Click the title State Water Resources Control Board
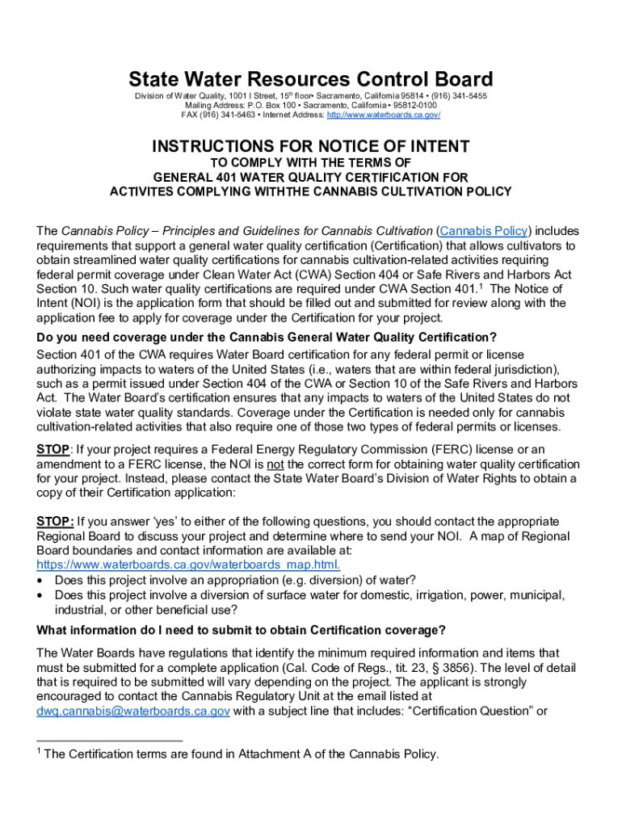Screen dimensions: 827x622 click(x=311, y=79)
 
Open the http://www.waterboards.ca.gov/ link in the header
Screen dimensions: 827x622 click(x=384, y=115)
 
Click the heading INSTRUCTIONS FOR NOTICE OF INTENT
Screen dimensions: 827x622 click(x=311, y=146)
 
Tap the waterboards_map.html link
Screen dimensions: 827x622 click(x=188, y=565)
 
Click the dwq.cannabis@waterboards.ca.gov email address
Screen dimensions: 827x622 click(x=133, y=711)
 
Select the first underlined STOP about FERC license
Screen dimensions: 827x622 click(x=53, y=449)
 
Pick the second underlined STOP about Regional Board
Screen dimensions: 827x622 click(x=55, y=522)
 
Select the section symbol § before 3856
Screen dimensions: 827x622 click(x=427, y=667)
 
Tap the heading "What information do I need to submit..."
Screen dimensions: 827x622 click(x=240, y=630)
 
